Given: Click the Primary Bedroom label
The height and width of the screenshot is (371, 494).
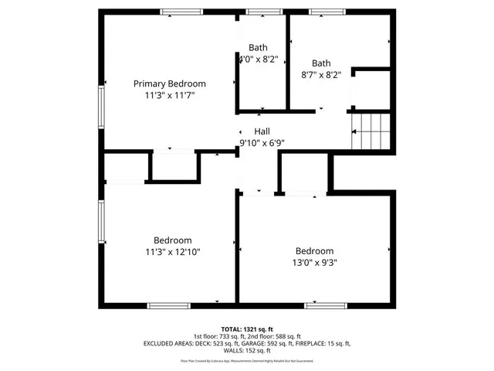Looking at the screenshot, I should [x=170, y=83].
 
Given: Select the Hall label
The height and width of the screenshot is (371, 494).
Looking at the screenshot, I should [x=262, y=131].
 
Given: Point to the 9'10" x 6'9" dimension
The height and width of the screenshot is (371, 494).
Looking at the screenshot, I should [x=262, y=143].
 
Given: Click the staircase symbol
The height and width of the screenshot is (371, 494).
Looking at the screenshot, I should [x=367, y=131].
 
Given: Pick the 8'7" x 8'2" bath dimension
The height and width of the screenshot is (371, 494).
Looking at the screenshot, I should [x=321, y=75].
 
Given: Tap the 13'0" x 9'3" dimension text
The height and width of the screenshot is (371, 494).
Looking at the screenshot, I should [x=314, y=263].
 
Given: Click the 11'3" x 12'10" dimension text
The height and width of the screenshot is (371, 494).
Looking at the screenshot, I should [x=172, y=251].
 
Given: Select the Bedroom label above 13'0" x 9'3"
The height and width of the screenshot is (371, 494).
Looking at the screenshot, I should [x=314, y=251].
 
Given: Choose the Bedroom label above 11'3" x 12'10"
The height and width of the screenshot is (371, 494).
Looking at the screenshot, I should [x=172, y=240].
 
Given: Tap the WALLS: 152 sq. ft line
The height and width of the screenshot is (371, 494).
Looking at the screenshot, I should [x=246, y=350].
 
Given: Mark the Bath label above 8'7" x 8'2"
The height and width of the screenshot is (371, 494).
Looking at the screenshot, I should [x=321, y=63].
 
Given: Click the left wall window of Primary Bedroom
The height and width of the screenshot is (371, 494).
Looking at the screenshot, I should [x=100, y=106].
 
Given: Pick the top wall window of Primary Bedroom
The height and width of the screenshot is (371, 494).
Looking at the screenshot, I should [x=181, y=12].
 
